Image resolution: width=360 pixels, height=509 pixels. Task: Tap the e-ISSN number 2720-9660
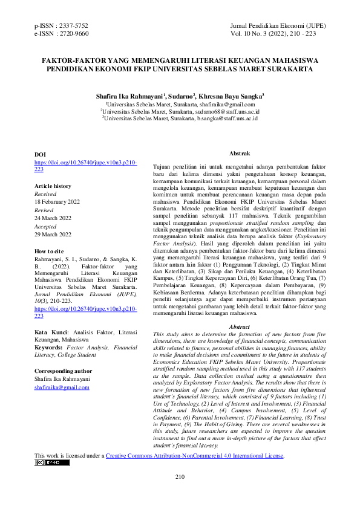click(74, 34)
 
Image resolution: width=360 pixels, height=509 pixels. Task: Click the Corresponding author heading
click(64, 371)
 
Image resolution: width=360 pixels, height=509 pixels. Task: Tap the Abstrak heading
click(240, 154)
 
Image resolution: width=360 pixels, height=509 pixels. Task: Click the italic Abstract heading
click(239, 327)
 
